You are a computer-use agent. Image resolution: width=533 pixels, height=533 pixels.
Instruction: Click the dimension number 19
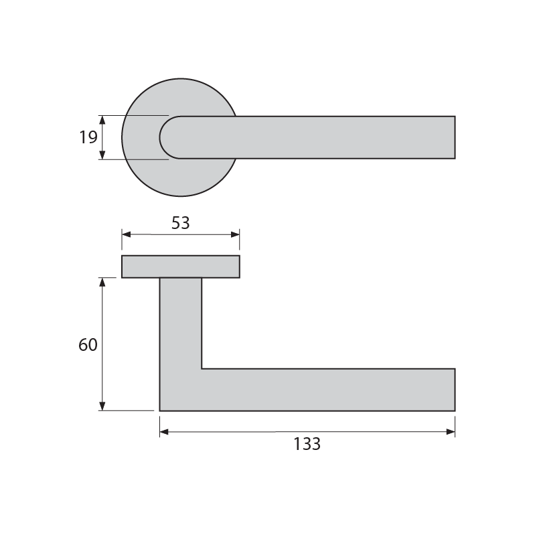[x=88, y=137]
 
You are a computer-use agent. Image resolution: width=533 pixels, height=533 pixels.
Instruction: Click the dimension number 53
[x=181, y=223]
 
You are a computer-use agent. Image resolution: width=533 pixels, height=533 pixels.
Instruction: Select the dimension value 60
[x=88, y=345]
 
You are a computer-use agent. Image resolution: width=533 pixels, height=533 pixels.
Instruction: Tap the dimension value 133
[x=307, y=444]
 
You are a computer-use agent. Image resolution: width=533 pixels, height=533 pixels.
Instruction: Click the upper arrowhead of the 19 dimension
[x=102, y=120]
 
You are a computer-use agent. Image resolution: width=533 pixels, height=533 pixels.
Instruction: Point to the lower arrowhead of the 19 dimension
[x=102, y=155]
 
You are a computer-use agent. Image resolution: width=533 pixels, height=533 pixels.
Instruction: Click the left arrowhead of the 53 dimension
[x=126, y=234]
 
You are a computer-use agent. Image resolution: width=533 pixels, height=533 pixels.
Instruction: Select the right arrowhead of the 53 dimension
[x=235, y=234]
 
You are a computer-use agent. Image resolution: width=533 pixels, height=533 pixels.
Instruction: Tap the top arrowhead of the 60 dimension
[x=102, y=282]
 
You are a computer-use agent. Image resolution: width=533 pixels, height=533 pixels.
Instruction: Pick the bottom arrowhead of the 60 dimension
[x=102, y=406]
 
